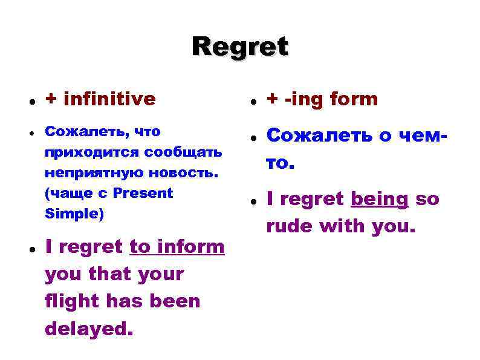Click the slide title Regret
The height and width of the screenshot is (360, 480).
pos(240,47)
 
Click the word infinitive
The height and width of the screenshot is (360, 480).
pos(109,99)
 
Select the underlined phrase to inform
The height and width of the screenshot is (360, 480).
pos(177,247)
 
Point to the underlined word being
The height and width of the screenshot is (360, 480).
pos(380,199)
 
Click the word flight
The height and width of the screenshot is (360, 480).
pos(74,301)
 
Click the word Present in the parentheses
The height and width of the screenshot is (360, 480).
pos(143,193)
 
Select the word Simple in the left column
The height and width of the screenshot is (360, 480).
pos(65,214)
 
